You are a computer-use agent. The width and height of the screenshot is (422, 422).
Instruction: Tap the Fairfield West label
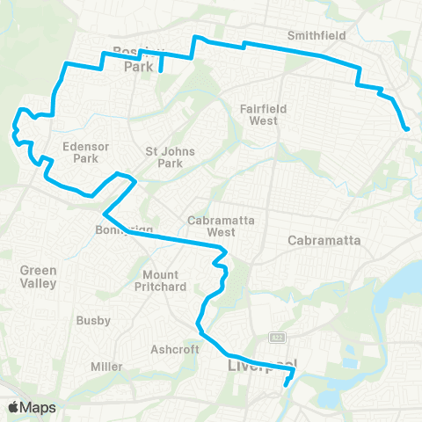263,114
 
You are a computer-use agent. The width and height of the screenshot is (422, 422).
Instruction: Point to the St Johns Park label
163,156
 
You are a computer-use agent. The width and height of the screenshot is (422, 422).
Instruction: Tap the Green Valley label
39,277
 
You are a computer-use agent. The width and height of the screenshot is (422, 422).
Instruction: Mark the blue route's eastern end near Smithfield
407,130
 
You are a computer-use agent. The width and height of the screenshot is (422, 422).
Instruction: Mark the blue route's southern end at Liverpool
287,383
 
